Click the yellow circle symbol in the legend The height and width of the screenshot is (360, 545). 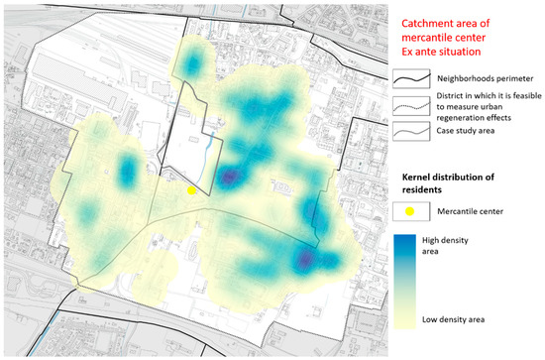[x=408, y=210]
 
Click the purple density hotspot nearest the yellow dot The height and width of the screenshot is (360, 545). [x=230, y=177]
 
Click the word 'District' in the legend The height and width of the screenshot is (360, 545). [x=449, y=94]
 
